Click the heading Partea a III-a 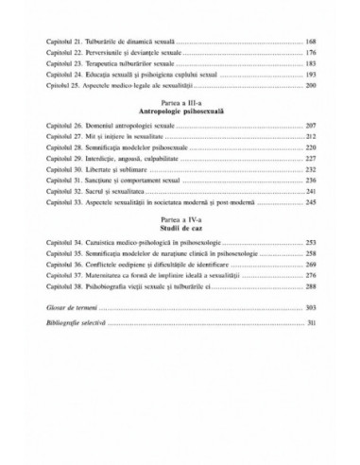180,114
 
